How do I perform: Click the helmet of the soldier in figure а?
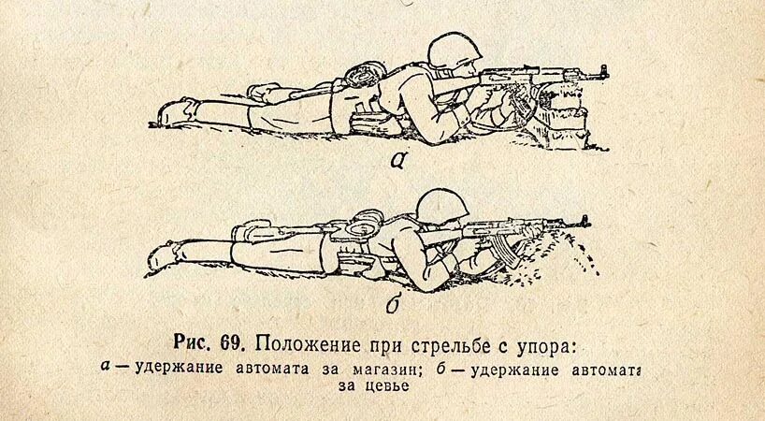[451, 51]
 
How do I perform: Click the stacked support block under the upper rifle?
[565, 116]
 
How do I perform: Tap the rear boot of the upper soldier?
[175, 110]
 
